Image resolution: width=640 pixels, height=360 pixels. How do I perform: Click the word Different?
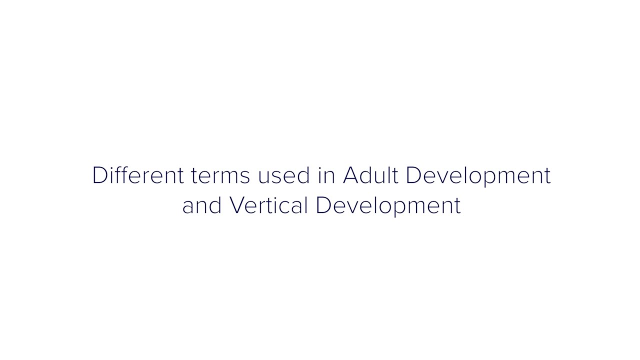tap(138, 174)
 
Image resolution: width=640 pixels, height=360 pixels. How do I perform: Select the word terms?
tap(220, 175)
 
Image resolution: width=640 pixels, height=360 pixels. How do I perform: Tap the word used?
tap(283, 174)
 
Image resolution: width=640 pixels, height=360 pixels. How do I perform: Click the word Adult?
tap(370, 174)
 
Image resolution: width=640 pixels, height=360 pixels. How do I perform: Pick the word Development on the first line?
tap(478, 176)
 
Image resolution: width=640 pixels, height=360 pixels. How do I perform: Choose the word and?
tap(202, 205)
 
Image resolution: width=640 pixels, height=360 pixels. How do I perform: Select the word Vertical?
tap(268, 205)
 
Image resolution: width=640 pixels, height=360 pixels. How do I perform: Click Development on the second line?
tap(388, 206)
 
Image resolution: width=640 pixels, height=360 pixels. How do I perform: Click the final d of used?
tap(302, 174)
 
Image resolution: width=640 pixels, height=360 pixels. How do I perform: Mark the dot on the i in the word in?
tap(319, 167)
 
